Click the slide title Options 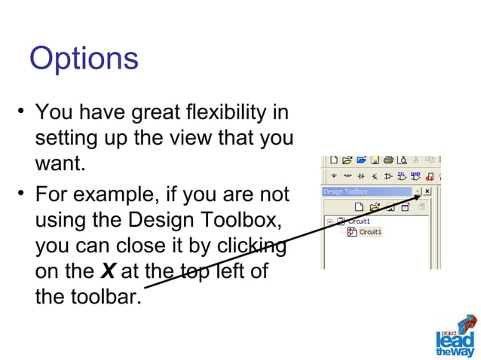[84, 59]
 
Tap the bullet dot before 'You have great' [23, 114]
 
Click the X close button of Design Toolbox [427, 192]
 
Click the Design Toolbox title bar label [345, 192]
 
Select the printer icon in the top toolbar [388, 160]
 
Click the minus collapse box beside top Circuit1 [330, 221]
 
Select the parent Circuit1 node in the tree [357, 221]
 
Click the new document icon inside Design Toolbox [360, 206]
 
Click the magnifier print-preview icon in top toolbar [403, 160]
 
